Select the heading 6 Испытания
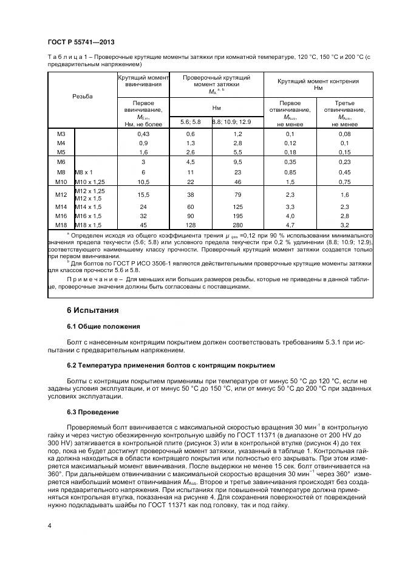click(x=93, y=310)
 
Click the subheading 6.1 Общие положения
click(x=103, y=326)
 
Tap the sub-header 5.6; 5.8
click(x=190, y=121)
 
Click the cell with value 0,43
click(x=143, y=133)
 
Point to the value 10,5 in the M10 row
click(x=143, y=182)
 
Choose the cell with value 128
click(x=190, y=224)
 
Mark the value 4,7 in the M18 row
click(x=290, y=224)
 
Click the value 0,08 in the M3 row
click(x=345, y=133)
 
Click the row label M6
click(x=61, y=162)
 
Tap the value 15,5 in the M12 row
click(x=143, y=194)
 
